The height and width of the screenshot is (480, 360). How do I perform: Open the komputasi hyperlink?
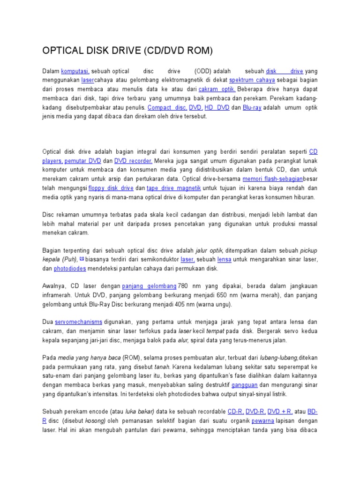click(75, 71)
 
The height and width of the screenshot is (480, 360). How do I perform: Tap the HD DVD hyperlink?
click(217, 107)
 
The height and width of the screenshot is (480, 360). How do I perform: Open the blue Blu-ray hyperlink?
click(252, 107)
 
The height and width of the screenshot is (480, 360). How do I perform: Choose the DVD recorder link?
click(133, 161)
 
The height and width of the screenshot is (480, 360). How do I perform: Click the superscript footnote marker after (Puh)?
click(82, 258)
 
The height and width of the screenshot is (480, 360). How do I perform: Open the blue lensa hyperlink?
click(225, 259)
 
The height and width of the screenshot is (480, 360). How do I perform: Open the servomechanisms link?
click(78, 322)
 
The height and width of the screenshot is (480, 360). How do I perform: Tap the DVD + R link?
click(281, 412)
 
